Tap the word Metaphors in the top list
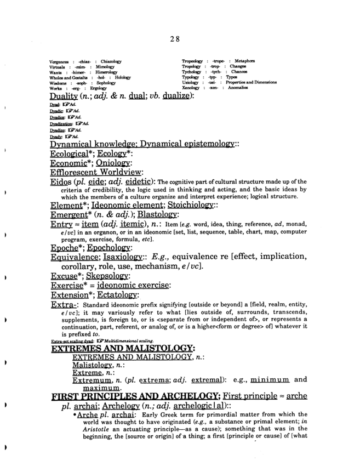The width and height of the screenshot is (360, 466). [x=243, y=61]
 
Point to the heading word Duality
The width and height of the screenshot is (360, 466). [x=65, y=96]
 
